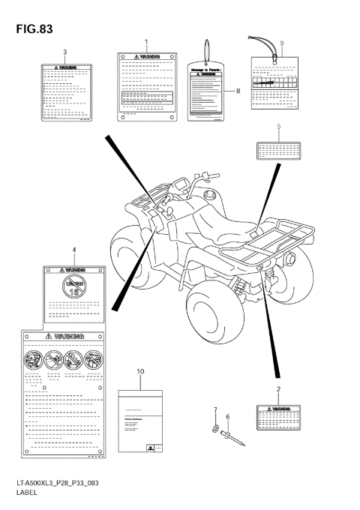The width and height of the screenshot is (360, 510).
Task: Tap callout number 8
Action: coord(238,91)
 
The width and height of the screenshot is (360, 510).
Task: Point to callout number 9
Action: coord(281,43)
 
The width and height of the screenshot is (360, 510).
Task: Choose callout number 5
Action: coord(278,127)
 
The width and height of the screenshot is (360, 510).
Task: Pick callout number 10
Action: coord(140,372)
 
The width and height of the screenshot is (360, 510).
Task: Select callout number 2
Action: coord(278,389)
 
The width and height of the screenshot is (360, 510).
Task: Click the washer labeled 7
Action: coord(214,429)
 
